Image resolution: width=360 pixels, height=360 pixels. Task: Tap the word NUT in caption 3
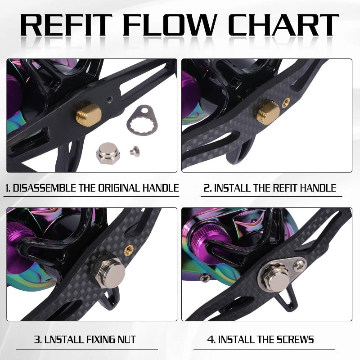click(x=124, y=339)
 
